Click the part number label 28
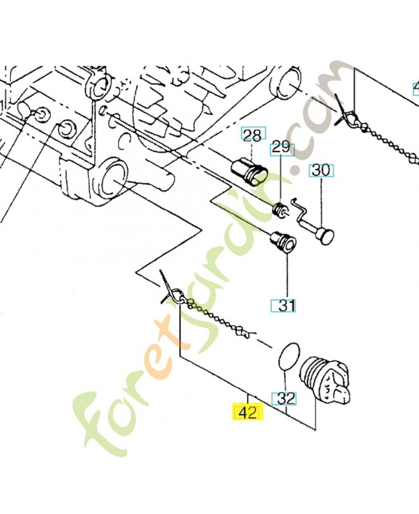pyautogui.click(x=253, y=135)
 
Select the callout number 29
pyautogui.click(x=281, y=147)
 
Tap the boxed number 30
pyautogui.click(x=321, y=170)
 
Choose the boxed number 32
pyautogui.click(x=286, y=398)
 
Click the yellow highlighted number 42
pyautogui.click(x=247, y=412)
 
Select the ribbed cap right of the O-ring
pyautogui.click(x=327, y=381)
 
